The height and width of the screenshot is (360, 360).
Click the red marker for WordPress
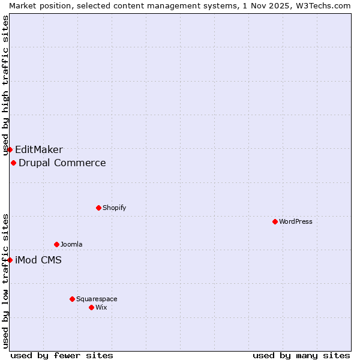[275, 221]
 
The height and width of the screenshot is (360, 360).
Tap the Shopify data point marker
[98, 208]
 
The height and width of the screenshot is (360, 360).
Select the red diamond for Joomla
[56, 244]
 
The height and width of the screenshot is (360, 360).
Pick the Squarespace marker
[72, 299]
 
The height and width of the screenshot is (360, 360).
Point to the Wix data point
[91, 307]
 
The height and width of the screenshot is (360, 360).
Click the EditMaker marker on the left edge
[10, 149]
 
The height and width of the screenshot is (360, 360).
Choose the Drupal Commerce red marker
[13, 163]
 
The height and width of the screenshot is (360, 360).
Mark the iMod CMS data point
[10, 260]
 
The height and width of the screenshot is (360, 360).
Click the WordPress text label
[296, 221]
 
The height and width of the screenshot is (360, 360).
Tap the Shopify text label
[114, 208]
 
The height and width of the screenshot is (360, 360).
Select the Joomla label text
[71, 244]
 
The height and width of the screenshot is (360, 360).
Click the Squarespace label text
[97, 299]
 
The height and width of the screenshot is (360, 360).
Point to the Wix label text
[101, 307]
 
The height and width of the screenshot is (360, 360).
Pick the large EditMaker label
[39, 150]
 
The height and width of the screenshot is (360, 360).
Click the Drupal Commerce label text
[62, 163]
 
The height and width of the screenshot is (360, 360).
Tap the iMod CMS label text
[38, 260]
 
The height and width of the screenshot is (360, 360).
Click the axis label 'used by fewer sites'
[62, 355]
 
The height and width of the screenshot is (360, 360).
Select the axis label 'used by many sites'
[301, 355]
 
